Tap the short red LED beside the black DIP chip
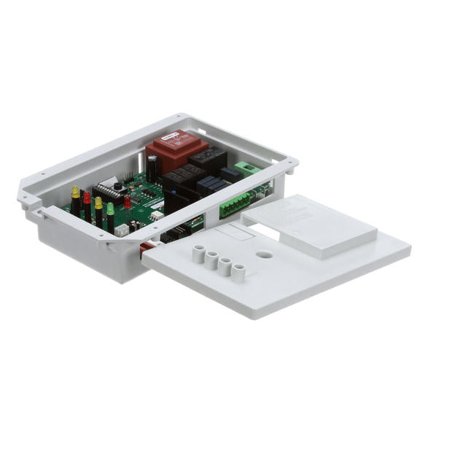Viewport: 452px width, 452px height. (127, 202)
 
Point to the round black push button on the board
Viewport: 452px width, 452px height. (118, 187)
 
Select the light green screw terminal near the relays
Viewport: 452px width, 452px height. (249, 168)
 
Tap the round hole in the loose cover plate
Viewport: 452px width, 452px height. (264, 255)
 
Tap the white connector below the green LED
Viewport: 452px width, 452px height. (122, 230)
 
